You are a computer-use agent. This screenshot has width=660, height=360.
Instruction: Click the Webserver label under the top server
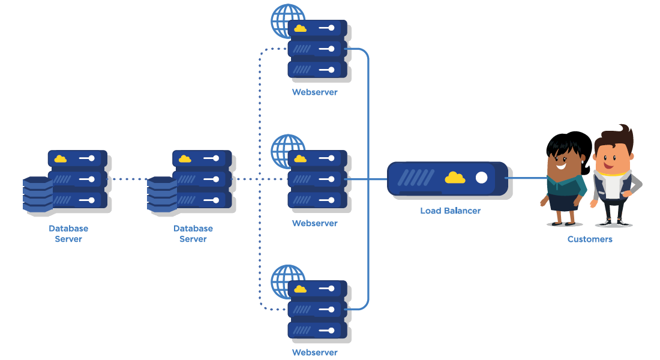[x=314, y=92]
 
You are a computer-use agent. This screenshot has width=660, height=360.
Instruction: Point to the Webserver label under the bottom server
[x=314, y=353]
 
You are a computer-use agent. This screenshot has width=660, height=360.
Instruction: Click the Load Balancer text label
[x=450, y=211]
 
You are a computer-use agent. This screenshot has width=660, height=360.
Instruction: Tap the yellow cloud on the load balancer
[x=455, y=178]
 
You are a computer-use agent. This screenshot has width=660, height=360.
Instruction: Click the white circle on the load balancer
[x=481, y=178]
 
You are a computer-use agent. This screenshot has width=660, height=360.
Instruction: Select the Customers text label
[x=590, y=239]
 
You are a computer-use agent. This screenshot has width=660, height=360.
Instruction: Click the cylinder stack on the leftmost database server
[x=37, y=194]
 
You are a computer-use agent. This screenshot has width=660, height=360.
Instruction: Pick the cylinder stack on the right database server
[x=162, y=194]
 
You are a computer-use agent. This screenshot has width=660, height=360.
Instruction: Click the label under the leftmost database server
[x=68, y=234]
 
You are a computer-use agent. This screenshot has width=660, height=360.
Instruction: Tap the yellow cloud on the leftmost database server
[x=61, y=159]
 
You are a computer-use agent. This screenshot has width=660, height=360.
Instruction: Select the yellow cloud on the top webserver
[x=300, y=28]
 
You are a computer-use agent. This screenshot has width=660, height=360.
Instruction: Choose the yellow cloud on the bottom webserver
[x=300, y=289]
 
